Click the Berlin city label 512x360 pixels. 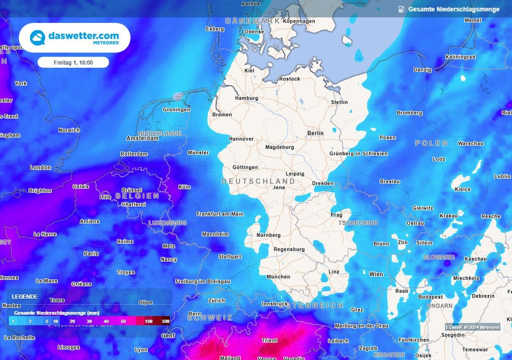tap(315, 133)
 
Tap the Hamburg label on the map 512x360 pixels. tap(246, 98)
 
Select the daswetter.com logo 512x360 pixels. tap(74, 38)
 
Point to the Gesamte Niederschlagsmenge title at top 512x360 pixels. tap(453, 9)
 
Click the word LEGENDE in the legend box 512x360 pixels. tap(24, 296)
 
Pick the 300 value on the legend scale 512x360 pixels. tap(165, 321)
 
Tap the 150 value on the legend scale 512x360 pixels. tap(148, 321)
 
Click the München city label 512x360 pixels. tap(278, 276)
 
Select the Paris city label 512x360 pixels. tap(91, 253)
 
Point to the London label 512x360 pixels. tap(40, 167)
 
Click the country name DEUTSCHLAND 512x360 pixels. tap(258, 181)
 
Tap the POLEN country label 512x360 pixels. tap(431, 143)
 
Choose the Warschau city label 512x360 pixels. tap(470, 143)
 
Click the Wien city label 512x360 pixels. tap(376, 274)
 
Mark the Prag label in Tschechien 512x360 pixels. tap(336, 215)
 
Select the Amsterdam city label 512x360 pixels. tap(142, 138)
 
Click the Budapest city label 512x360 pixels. tap(431, 297)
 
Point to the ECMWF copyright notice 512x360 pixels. tap(472, 327)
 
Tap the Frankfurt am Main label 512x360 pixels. tap(219, 214)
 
